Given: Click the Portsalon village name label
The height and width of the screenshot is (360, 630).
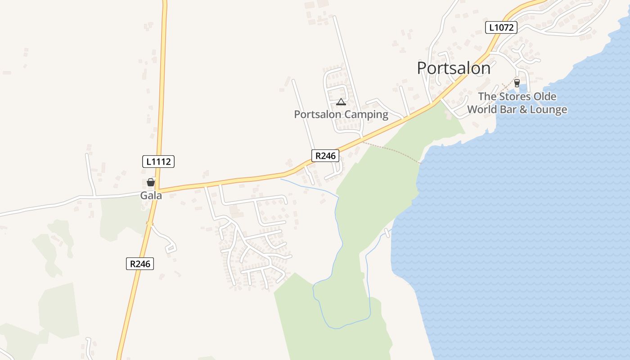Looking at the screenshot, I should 453,68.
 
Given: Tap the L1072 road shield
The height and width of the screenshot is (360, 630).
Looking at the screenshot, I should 501,27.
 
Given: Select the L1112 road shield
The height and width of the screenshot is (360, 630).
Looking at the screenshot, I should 158,162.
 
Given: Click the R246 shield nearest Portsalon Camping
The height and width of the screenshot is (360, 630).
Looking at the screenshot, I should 325,156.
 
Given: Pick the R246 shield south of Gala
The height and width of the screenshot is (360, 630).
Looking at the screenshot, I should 139,264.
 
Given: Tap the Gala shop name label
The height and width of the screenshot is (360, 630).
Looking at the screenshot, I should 151,196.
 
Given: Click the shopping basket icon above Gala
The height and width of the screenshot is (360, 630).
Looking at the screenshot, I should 151,182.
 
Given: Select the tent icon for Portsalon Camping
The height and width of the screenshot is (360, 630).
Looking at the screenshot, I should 341,102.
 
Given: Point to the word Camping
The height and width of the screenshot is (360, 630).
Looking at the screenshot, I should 366,114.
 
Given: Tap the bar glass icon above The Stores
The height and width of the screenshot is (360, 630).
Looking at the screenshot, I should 517,83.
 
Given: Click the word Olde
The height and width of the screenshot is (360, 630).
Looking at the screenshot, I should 544,96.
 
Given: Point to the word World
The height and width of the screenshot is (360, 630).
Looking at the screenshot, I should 484,109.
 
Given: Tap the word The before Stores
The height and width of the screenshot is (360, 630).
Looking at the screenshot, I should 486,96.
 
